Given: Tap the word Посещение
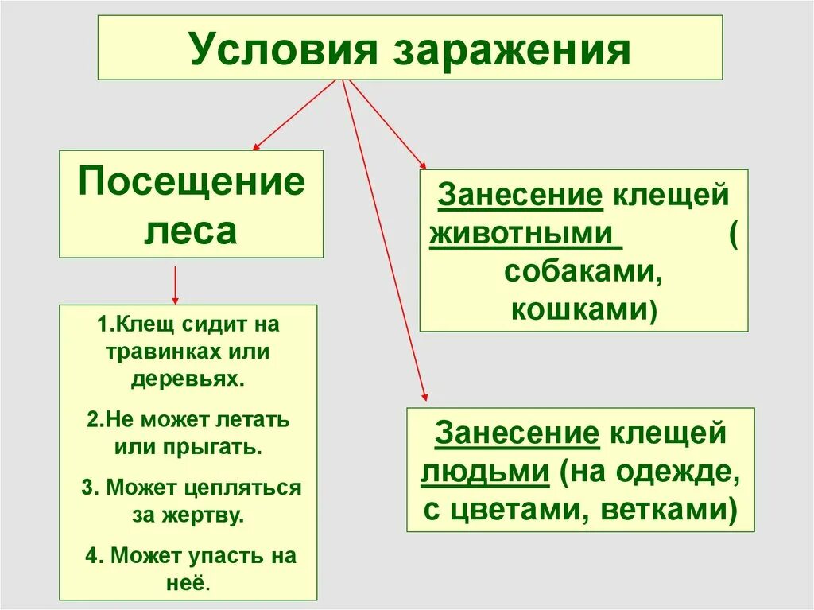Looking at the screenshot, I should coord(192,183).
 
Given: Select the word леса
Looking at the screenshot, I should coord(191,231).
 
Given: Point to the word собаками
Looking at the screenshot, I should coord(583,273).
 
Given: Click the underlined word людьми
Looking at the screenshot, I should coord(485,471).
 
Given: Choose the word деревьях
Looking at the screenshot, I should coord(188,379).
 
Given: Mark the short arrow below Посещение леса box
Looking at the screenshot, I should coord(175,286).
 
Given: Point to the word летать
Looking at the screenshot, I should coord(256,419).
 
